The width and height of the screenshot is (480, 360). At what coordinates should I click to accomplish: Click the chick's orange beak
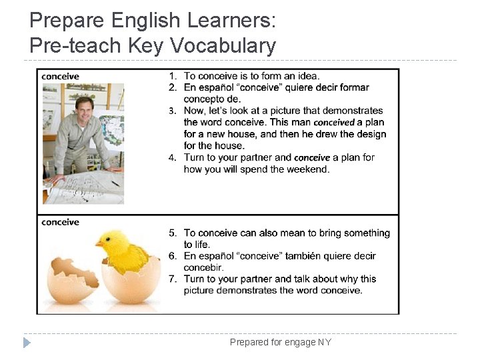(x=99, y=243)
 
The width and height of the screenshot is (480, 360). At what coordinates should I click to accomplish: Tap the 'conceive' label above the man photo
(x=60, y=76)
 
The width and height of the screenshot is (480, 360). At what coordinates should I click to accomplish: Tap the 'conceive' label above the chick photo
(x=60, y=222)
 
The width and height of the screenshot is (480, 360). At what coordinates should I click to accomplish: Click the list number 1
(x=172, y=76)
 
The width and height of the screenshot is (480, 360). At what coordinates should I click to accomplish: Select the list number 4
(x=172, y=157)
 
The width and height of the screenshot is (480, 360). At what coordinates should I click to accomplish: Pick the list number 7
(x=172, y=279)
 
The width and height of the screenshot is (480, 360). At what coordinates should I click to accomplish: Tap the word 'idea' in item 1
(x=308, y=76)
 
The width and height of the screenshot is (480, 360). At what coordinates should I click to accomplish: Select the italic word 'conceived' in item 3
(x=334, y=123)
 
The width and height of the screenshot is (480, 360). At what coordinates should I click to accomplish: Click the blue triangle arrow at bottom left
(x=27, y=343)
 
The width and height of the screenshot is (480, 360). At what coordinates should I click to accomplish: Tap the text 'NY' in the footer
(x=324, y=343)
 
